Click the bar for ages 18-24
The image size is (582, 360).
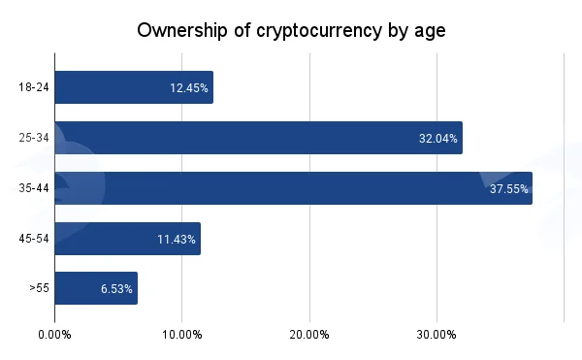click(134, 87)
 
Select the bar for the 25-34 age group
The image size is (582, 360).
click(259, 138)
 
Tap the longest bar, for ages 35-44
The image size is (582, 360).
click(294, 188)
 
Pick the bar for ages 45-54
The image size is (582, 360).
click(128, 239)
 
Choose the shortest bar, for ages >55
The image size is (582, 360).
click(96, 288)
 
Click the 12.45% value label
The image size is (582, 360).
click(189, 88)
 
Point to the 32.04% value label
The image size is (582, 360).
click(438, 139)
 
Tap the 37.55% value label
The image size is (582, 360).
click(509, 189)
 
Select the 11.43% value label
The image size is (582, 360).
click(177, 240)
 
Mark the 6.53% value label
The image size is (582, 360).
click(116, 289)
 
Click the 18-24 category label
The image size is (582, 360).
click(34, 87)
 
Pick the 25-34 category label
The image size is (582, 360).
click(34, 138)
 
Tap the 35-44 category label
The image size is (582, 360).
click(34, 188)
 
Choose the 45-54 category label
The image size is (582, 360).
click(34, 239)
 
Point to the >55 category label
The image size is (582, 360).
click(40, 288)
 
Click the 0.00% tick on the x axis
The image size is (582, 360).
click(54, 335)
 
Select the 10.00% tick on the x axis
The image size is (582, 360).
click(182, 335)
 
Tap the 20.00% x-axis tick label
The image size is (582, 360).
click(309, 335)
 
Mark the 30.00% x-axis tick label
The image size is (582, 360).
click(436, 335)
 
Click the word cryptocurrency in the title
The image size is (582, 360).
click(319, 31)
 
